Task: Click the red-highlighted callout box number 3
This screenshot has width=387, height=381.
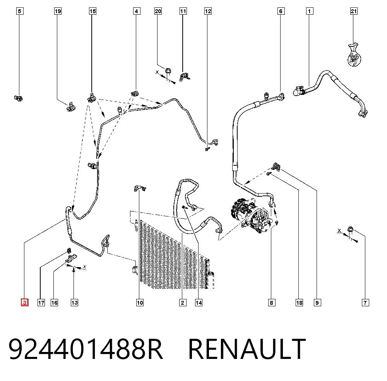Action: tap(25, 302)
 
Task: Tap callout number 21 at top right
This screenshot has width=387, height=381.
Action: tap(354, 11)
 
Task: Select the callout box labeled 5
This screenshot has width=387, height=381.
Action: tap(20, 11)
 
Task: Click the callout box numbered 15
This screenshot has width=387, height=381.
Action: tap(92, 11)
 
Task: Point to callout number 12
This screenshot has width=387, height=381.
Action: tap(208, 11)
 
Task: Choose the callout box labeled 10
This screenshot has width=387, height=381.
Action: tap(140, 302)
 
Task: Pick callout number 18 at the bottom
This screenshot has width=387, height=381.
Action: tap(300, 302)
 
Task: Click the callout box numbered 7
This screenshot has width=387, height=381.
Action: tap(365, 302)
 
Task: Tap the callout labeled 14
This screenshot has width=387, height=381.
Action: tap(199, 302)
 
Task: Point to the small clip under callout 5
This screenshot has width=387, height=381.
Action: tap(18, 98)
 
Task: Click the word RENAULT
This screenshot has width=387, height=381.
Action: tap(247, 349)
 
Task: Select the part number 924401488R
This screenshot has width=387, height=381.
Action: tap(86, 349)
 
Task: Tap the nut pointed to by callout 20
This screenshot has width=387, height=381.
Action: tap(168, 71)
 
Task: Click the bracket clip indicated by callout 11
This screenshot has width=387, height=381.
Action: tap(184, 77)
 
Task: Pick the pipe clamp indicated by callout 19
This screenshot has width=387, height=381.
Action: tap(71, 107)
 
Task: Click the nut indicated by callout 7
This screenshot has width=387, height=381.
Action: tap(350, 229)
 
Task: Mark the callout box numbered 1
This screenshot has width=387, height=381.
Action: tap(310, 11)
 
